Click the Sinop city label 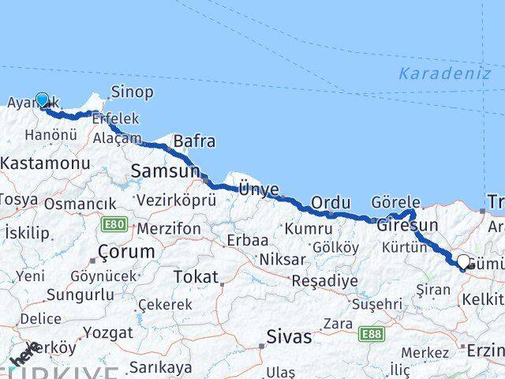point(132,92)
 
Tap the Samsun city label point(165,171)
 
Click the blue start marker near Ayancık point(42,100)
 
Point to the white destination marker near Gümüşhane point(463,260)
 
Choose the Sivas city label point(290,336)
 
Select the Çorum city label point(125,253)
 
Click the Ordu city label point(330,203)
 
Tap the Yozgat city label point(107,332)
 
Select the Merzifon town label point(167,228)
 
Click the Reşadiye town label point(324,280)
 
